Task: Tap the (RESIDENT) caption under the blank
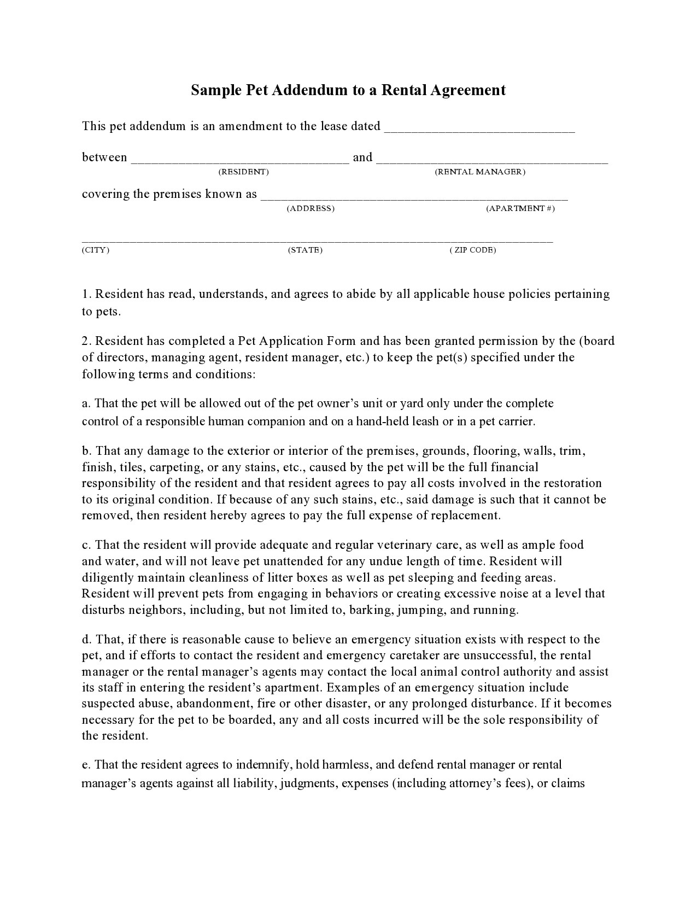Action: coord(243,172)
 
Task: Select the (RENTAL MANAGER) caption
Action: coord(480,172)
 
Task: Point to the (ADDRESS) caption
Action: coord(311,208)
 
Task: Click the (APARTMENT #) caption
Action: coord(520,208)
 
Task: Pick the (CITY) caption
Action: coord(96,250)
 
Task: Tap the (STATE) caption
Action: coord(305,250)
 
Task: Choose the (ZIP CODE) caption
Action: coord(473,250)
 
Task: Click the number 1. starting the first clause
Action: coord(87,294)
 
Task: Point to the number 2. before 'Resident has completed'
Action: coord(87,341)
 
